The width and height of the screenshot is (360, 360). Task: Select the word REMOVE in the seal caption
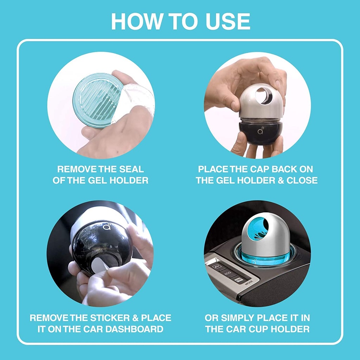(73, 169)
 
